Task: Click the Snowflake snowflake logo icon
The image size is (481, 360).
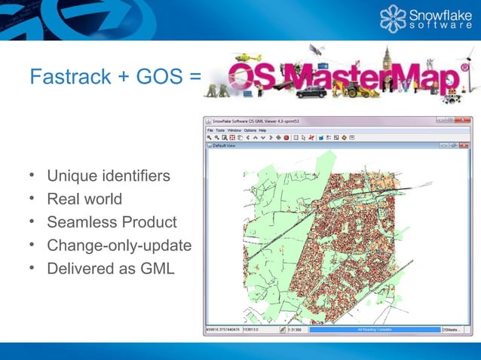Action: (x=395, y=20)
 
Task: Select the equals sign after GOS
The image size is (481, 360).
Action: (x=195, y=77)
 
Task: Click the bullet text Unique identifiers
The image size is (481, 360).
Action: (x=108, y=176)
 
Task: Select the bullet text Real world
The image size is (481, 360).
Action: (x=84, y=200)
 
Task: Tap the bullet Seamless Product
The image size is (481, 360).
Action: (x=112, y=222)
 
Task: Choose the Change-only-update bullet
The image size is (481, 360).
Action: (x=119, y=246)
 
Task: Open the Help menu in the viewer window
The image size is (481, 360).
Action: (x=262, y=130)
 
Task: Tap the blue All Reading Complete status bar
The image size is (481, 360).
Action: (x=374, y=330)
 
